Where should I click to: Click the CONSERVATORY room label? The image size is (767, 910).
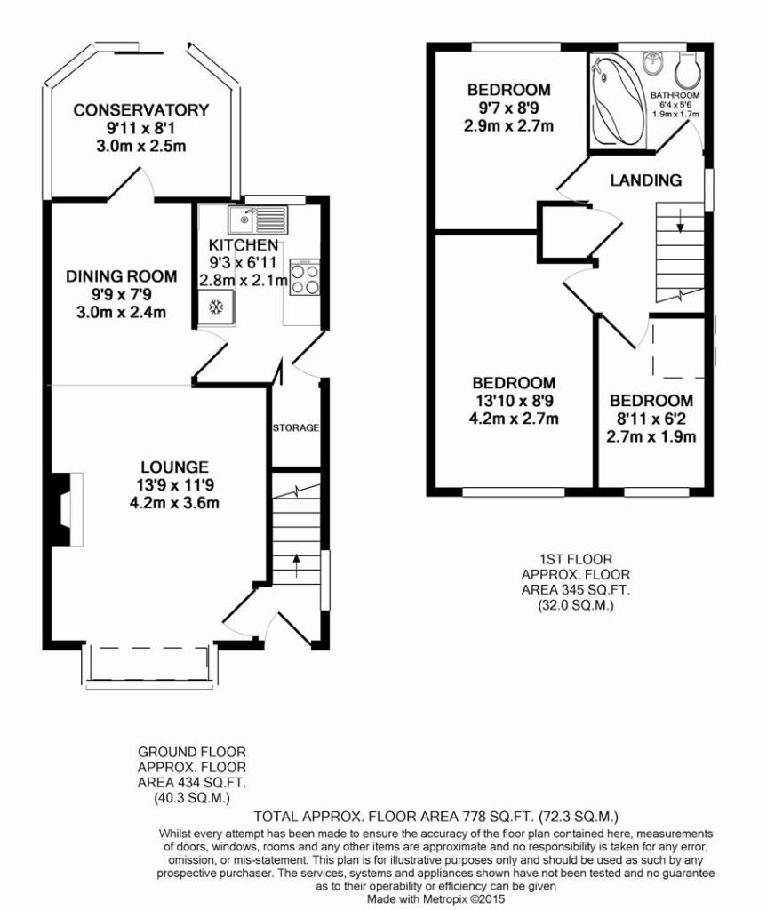140,109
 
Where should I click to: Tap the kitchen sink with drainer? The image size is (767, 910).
258,219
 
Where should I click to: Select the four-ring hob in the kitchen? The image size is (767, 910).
305,279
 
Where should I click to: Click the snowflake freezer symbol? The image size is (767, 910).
217,306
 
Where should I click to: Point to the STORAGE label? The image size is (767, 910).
296,428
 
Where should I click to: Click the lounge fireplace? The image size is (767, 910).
67,509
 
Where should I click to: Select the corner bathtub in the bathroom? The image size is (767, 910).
617,100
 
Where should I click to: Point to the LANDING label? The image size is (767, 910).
645,180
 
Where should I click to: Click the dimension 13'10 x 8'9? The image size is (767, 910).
514,401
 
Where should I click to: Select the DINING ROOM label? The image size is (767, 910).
122,276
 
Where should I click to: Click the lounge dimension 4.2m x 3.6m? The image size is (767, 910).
175,503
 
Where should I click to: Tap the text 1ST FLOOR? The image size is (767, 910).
576,560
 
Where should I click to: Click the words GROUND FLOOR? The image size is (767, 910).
192,752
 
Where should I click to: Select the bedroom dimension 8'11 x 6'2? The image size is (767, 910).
651,419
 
